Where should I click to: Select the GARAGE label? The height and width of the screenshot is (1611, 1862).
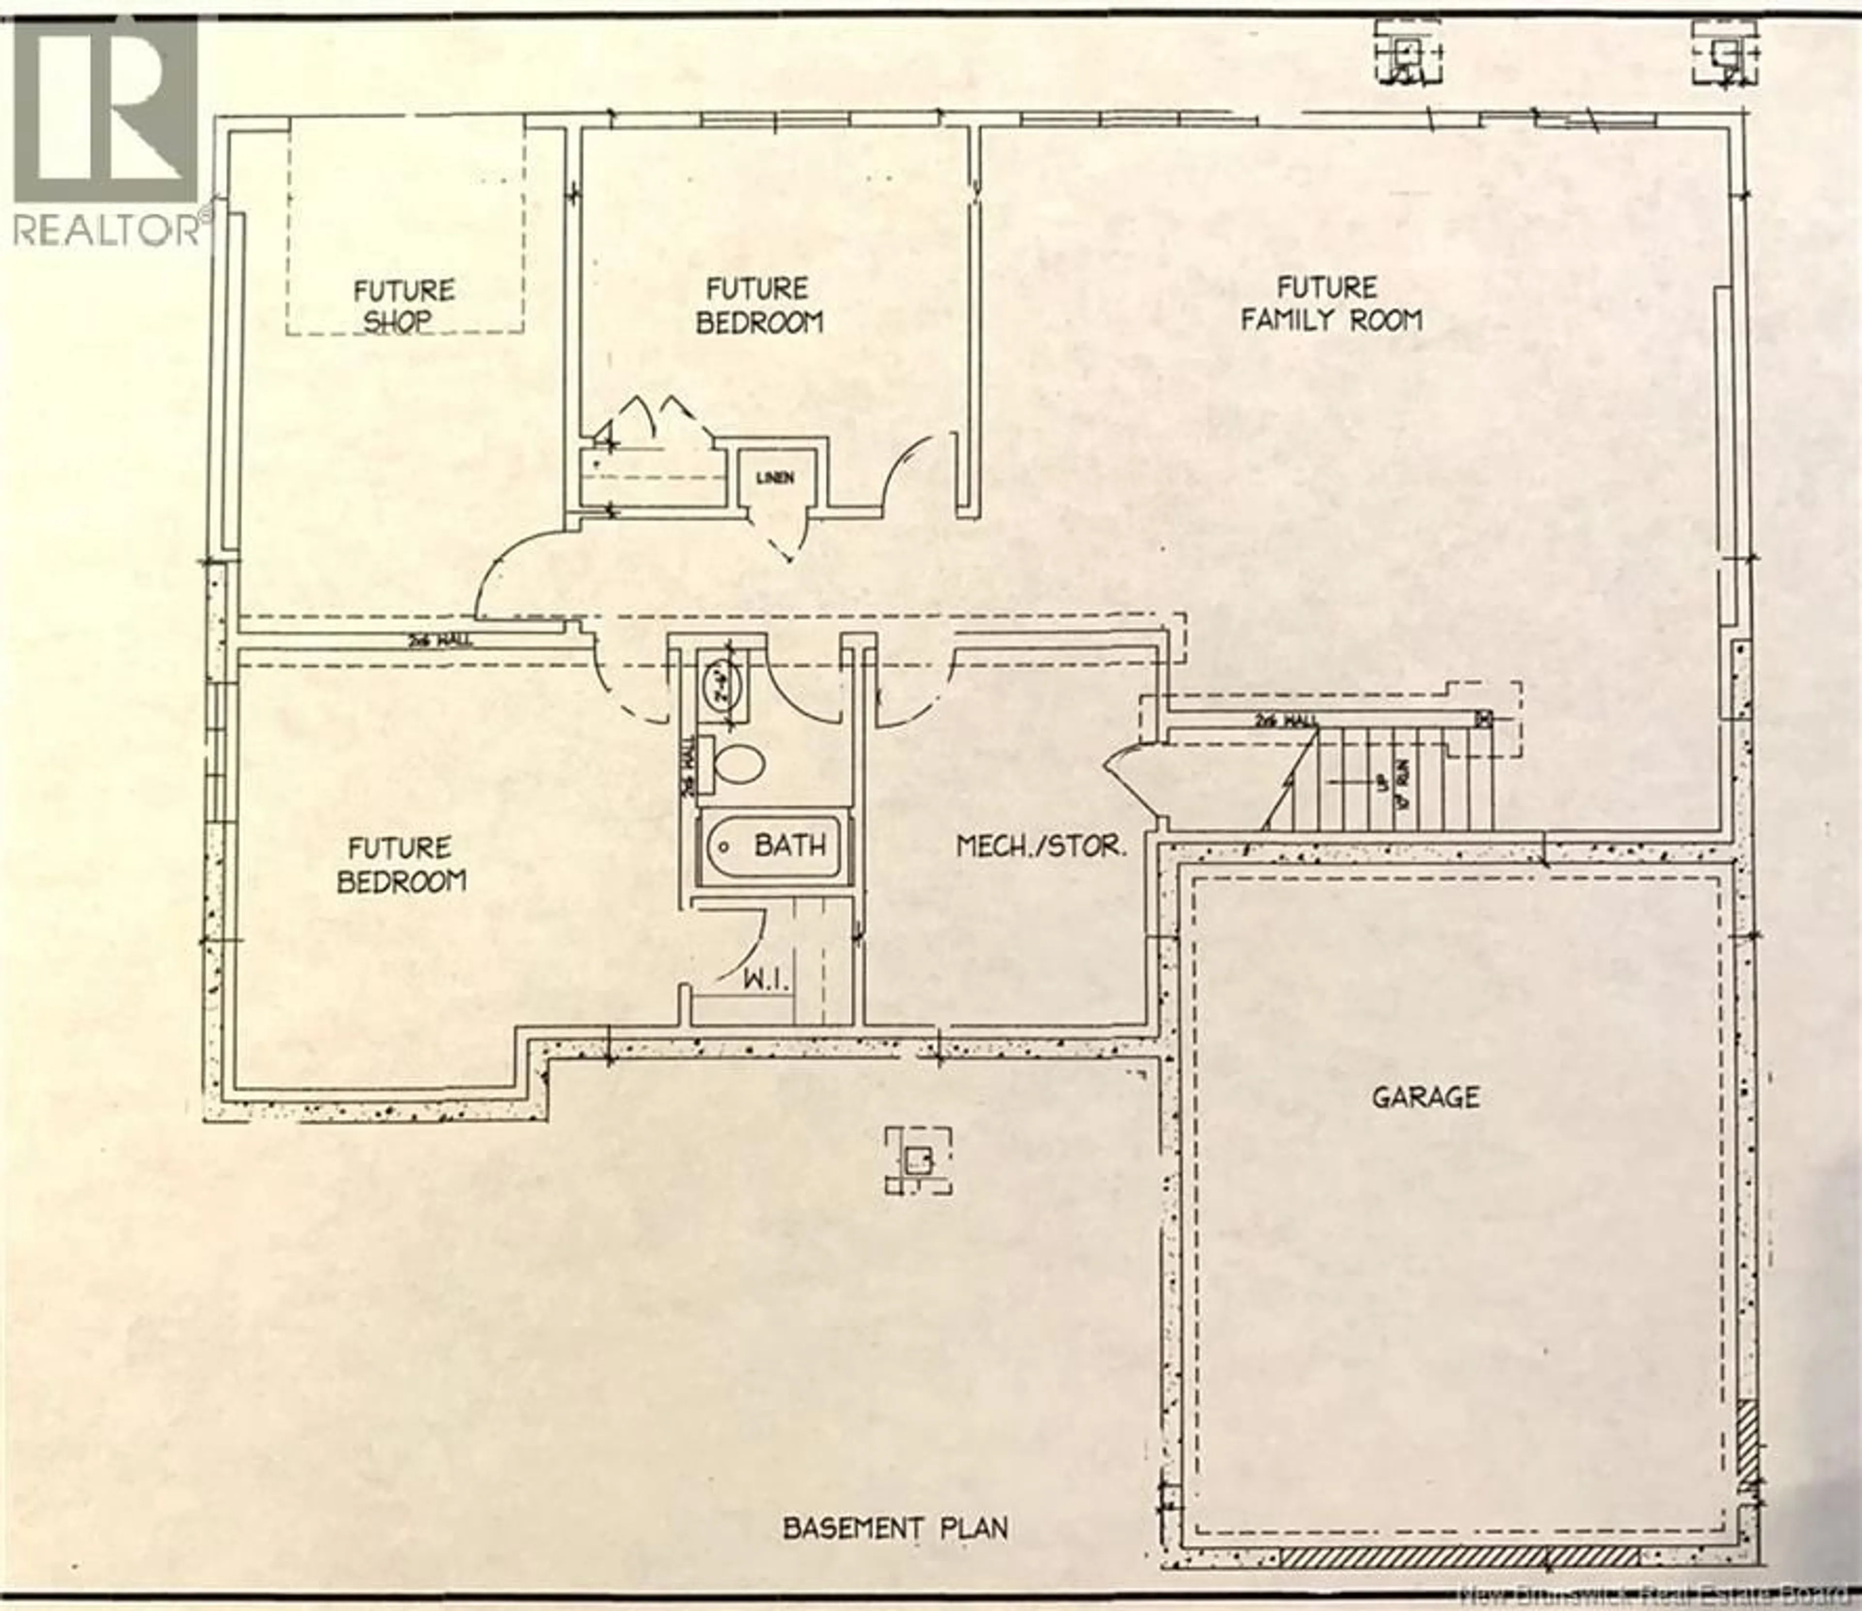click(x=1425, y=1097)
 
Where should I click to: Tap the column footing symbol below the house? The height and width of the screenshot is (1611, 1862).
click(x=917, y=1161)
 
